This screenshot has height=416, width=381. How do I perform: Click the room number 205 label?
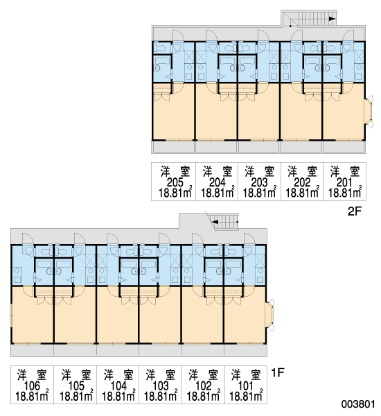tap(175, 182)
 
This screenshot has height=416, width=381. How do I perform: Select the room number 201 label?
tap(344, 182)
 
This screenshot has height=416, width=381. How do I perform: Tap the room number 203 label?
tap(259, 182)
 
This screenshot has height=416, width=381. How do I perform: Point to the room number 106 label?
tap(32, 385)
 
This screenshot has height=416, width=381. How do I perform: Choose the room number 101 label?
tap(245, 385)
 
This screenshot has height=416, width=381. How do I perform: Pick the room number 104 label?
tap(118, 385)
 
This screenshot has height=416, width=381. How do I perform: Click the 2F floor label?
tap(355, 211)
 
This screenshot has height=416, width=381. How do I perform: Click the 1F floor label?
tap(278, 373)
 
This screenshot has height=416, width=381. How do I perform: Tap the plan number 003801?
tap(358, 404)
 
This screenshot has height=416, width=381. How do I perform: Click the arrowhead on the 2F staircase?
tap(332, 19)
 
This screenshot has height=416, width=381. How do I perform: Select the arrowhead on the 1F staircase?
tap(215, 222)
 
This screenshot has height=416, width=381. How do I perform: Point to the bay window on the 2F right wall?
tap(369, 112)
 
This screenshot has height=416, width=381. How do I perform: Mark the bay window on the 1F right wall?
tap(270, 315)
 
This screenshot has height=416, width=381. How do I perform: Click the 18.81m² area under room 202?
tap(302, 192)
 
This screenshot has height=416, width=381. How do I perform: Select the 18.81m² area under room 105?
tap(76, 396)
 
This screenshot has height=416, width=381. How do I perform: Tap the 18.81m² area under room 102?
tap(204, 396)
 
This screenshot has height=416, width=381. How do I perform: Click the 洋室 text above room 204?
tap(218, 171)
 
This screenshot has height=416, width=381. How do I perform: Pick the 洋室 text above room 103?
tap(161, 374)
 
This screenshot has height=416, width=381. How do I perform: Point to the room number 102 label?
tap(204, 385)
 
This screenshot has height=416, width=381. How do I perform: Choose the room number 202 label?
tap(302, 182)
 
